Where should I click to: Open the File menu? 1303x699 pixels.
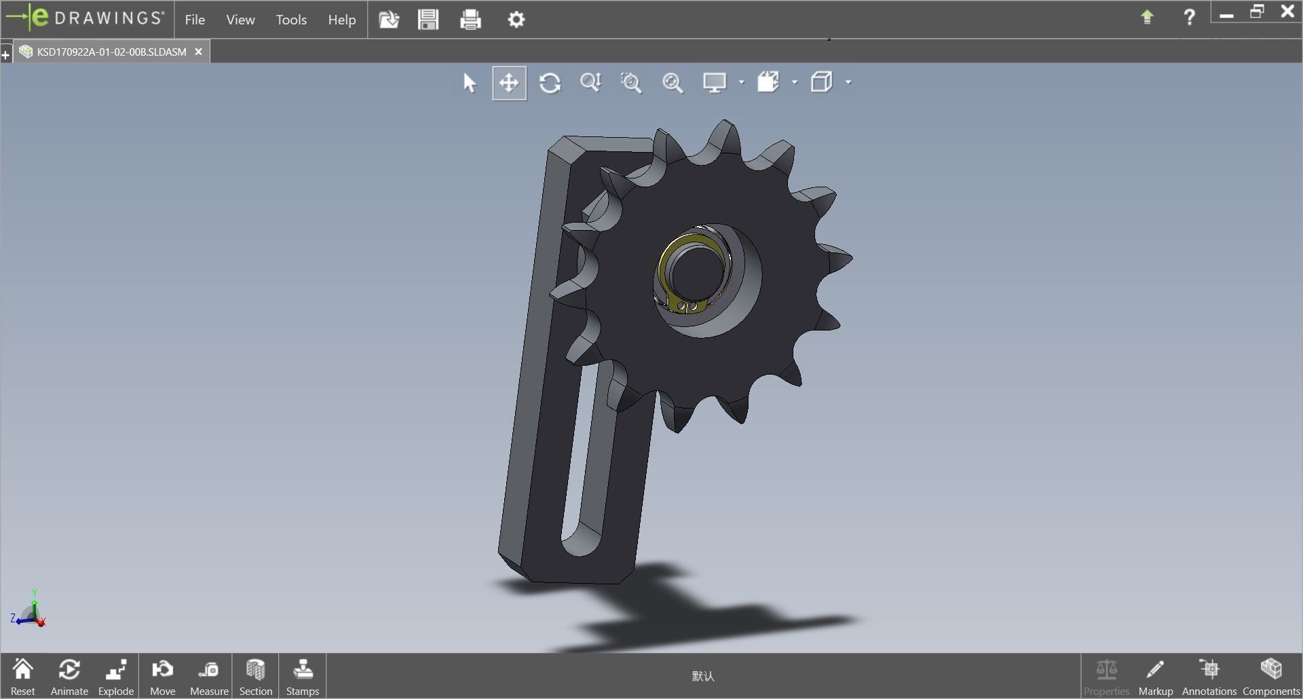tap(195, 20)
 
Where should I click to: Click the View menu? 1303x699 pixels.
tap(240, 20)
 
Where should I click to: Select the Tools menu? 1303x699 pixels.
tap(291, 20)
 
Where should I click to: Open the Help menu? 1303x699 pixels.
tap(341, 20)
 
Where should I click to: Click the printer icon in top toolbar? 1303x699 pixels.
tap(470, 20)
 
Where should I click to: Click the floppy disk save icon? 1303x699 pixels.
tap(428, 20)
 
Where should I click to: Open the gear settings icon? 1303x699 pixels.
tap(516, 20)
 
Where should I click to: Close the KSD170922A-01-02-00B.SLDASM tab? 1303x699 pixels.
tap(198, 52)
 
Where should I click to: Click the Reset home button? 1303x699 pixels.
tap(22, 676)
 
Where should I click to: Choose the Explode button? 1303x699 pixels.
tap(115, 676)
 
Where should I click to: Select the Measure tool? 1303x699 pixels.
tap(209, 676)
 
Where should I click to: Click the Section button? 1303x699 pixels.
tap(255, 676)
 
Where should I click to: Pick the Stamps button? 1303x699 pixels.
tap(302, 676)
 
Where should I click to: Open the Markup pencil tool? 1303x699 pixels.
tap(1155, 676)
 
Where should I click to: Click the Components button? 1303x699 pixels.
tap(1270, 676)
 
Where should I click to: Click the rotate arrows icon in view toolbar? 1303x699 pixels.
tap(550, 83)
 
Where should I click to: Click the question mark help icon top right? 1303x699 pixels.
tap(1189, 17)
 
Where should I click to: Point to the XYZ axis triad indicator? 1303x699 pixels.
tap(30, 611)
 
